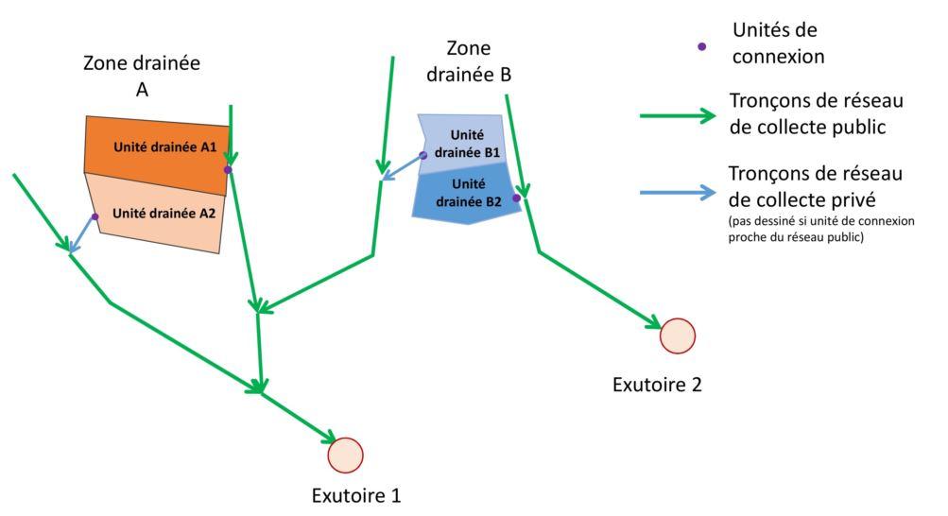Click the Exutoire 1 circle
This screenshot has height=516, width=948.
pos(345,456)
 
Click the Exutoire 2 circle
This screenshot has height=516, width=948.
pos(677,335)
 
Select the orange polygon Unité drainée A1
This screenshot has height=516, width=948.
pos(156,147)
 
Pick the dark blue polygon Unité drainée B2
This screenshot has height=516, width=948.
pos(466,193)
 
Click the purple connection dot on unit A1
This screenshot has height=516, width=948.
pos(228,170)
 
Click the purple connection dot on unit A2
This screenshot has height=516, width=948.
pos(95,216)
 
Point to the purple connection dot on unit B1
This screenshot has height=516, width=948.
pos(423,154)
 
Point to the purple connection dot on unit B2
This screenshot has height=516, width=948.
pos(516,198)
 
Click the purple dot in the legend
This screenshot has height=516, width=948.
pos(701,45)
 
